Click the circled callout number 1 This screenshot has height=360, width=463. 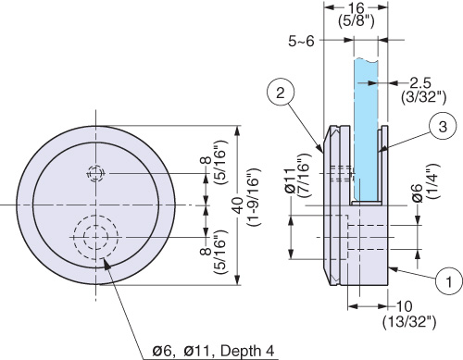(449, 280)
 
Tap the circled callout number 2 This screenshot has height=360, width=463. (281, 93)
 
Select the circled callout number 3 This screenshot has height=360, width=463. (443, 126)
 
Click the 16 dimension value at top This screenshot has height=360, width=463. (356, 8)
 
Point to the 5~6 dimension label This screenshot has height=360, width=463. (301, 41)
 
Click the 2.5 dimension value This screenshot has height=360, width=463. (420, 83)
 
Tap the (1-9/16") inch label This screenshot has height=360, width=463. (254, 197)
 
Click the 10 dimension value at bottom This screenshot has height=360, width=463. (404, 306)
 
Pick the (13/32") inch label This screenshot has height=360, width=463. (409, 322)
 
